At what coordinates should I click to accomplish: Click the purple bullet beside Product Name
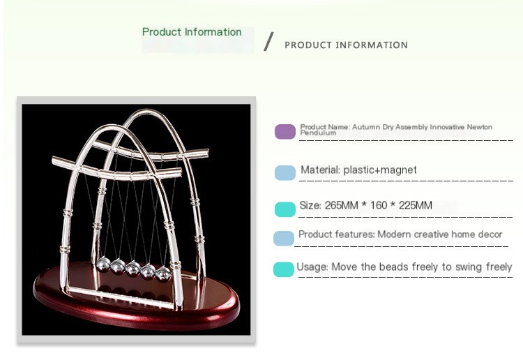click(x=285, y=132)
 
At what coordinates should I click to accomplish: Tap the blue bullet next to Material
click(x=285, y=173)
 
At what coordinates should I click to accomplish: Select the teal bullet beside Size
click(x=285, y=209)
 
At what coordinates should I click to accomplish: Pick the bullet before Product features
click(x=284, y=239)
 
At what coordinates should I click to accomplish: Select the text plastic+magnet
click(x=380, y=170)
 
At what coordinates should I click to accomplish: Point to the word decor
click(x=488, y=234)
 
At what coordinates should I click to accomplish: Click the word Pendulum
click(x=318, y=133)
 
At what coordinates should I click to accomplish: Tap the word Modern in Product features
click(x=393, y=234)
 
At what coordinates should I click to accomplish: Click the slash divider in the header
click(x=269, y=42)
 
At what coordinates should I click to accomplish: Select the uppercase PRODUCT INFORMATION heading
click(x=346, y=45)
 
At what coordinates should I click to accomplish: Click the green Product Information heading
click(x=192, y=32)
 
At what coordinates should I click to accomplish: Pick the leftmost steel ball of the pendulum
click(x=103, y=264)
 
